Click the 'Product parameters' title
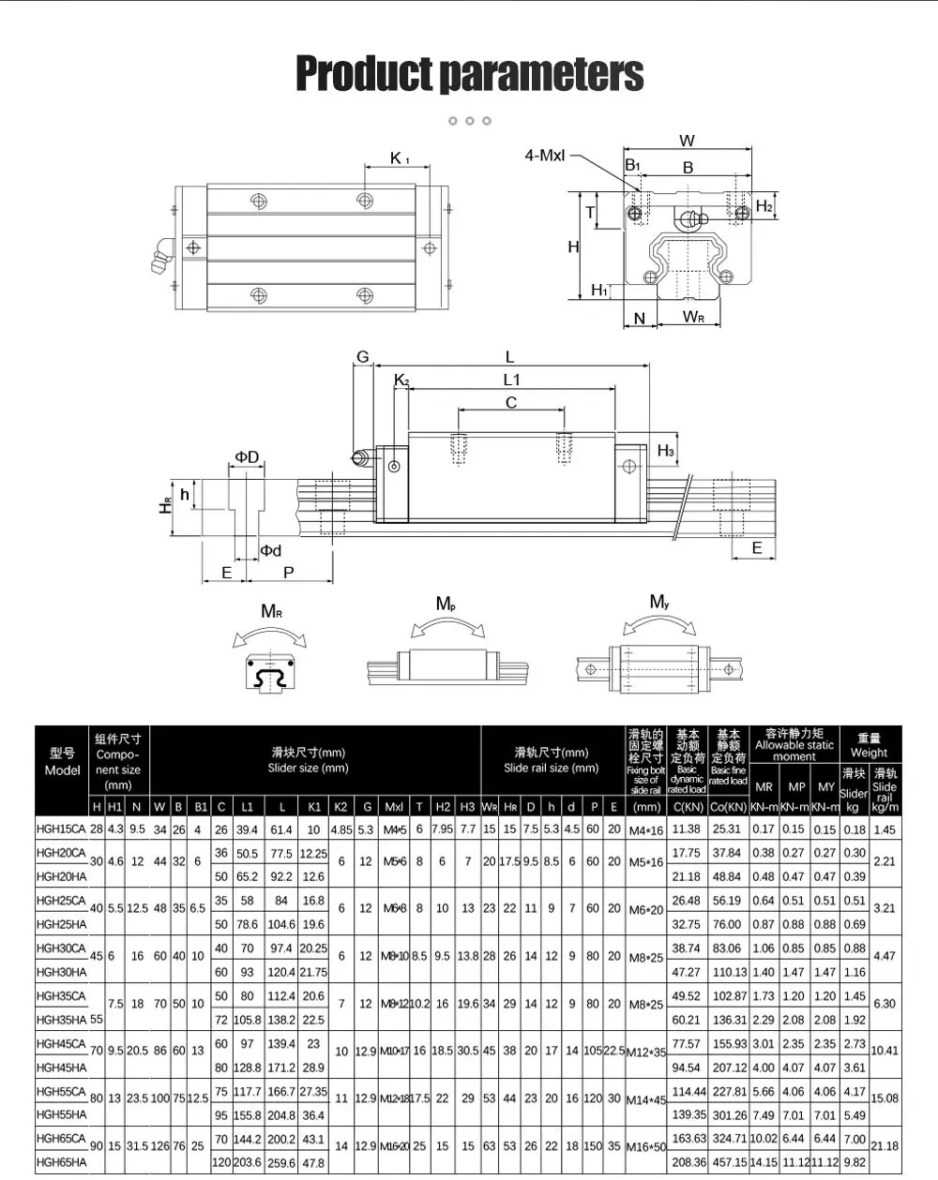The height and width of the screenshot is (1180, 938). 469,73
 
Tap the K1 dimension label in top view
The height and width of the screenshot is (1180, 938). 400,158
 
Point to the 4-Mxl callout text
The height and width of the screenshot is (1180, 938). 544,156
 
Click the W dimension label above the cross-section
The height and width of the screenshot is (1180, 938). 688,142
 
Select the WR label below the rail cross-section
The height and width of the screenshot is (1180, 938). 693,317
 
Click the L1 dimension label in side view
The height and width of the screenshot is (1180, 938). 511,380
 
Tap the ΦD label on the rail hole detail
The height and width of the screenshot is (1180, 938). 247,457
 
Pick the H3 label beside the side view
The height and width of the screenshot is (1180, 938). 665,451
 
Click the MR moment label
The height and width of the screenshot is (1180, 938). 271,612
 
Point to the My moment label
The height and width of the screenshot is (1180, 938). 659,602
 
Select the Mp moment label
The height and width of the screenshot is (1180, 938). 446,605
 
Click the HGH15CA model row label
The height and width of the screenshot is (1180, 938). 61,829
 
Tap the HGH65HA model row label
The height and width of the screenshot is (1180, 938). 61,1162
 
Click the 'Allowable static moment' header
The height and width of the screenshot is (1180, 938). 794,745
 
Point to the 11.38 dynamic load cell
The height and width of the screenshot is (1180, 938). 687,829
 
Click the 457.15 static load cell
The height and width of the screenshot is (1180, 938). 728,1162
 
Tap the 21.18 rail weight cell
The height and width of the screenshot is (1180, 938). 885,1145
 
